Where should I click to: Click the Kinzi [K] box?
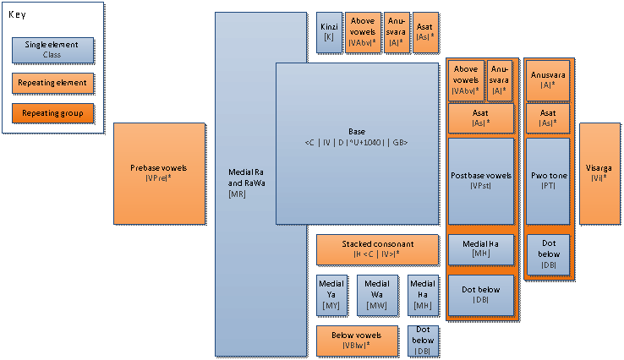[329, 33]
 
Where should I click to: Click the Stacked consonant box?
[378, 249]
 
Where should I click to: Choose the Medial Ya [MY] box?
[331, 293]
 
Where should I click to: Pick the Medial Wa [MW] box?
[377, 293]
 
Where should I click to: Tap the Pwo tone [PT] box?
[547, 181]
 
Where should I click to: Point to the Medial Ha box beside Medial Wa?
[423, 293]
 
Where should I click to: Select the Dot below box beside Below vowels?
[423, 340]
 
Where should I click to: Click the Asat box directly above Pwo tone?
[547, 118]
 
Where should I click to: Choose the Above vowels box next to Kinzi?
[363, 33]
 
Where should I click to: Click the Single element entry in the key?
[52, 50]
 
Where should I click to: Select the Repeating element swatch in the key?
[52, 83]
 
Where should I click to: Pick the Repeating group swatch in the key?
[52, 112]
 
